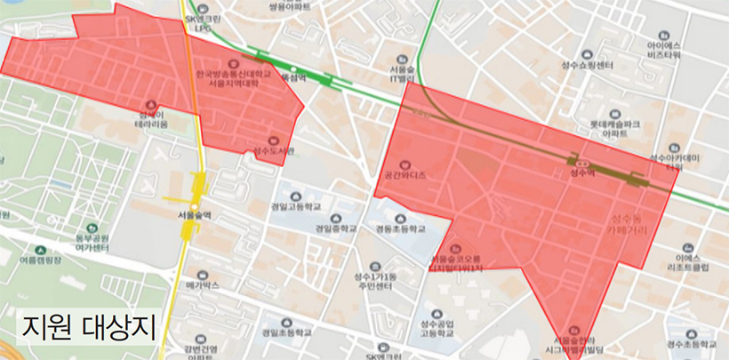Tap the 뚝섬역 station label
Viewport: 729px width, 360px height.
tap(292, 78)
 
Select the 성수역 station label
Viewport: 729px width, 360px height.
tap(582, 174)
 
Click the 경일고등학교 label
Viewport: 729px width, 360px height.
tap(297, 206)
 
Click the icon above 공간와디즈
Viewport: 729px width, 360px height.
tap(405, 164)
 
